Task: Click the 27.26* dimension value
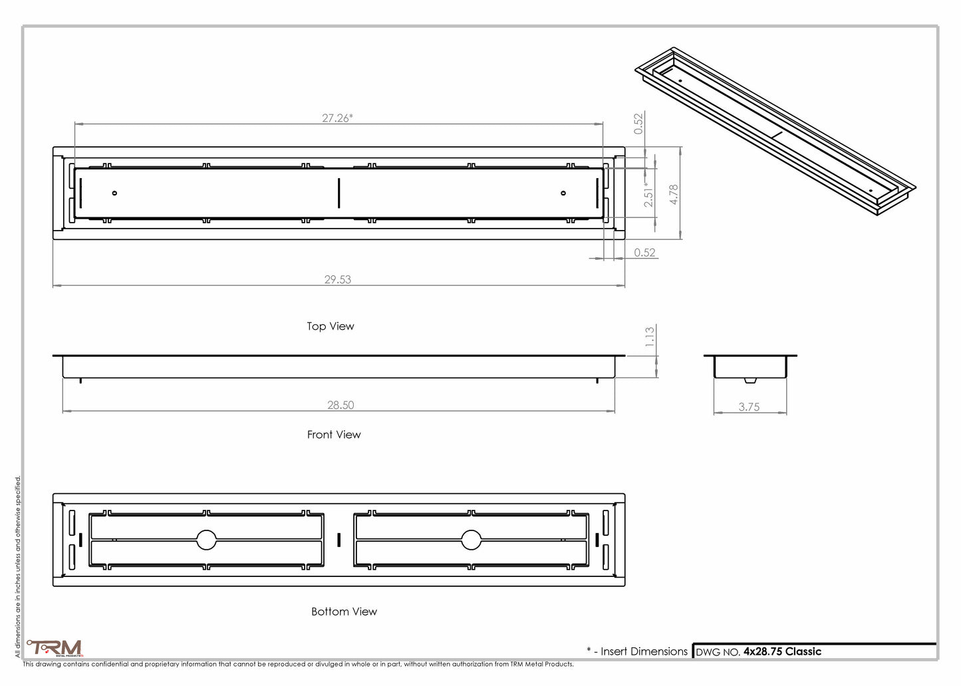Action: point(337,118)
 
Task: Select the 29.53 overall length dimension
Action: point(338,280)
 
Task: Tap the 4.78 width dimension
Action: point(674,194)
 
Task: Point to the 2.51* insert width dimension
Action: point(648,195)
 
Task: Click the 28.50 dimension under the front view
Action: point(341,405)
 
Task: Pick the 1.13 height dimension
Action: point(650,337)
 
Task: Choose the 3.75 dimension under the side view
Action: point(749,407)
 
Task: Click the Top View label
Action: point(331,326)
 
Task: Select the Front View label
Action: point(334,435)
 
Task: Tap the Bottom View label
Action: point(344,612)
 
